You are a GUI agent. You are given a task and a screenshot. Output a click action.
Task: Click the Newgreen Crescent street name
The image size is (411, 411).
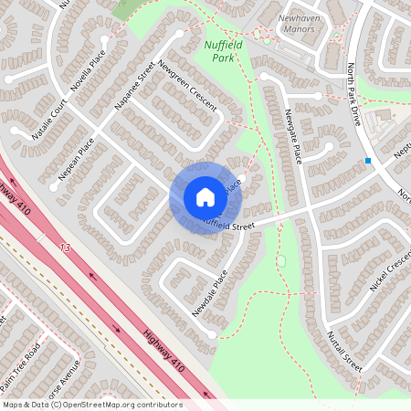point(187,85)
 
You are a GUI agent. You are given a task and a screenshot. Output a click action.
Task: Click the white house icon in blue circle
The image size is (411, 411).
point(205,197)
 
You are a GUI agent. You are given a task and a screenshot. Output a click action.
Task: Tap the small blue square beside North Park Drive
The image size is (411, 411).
point(368,161)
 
